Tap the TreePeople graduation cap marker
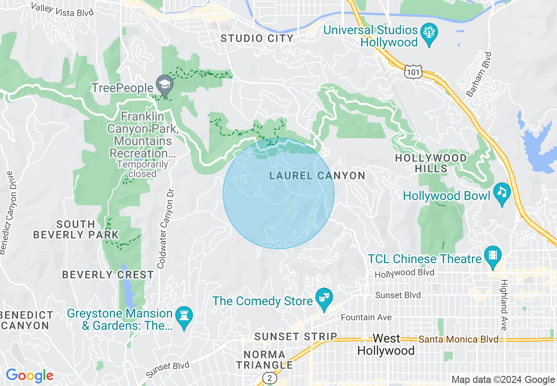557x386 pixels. [x=165, y=86]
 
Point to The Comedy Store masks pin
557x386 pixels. [x=324, y=299]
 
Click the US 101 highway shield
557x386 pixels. [x=413, y=72]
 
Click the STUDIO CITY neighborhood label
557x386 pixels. [x=257, y=39]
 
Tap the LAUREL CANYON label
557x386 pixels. [x=317, y=176]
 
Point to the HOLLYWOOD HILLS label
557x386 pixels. [x=431, y=163]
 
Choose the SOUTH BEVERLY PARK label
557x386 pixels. [x=76, y=229]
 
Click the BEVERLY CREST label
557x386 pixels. [x=108, y=275]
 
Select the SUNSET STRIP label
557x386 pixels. [x=296, y=337]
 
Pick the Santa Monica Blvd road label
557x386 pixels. [x=458, y=340]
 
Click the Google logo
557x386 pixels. [x=29, y=375]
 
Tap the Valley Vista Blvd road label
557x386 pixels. [x=62, y=9]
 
